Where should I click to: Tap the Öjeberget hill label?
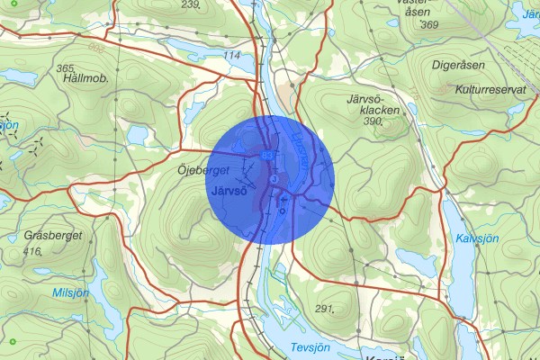(x=204, y=169)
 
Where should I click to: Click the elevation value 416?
(x=33, y=252)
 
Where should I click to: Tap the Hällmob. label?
(x=86, y=79)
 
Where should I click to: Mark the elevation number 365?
(x=65, y=68)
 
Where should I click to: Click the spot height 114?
(x=231, y=56)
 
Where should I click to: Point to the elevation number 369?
(x=428, y=24)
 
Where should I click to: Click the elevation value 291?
(x=326, y=309)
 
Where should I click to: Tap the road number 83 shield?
(x=267, y=157)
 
